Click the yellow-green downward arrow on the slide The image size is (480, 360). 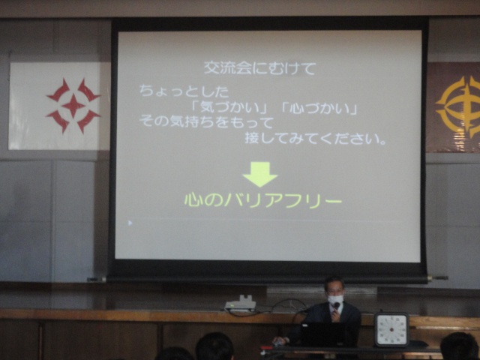coord(260,174)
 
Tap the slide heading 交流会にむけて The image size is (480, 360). coord(260,68)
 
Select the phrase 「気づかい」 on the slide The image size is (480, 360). coord(229,108)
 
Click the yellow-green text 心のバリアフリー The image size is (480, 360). coord(263,200)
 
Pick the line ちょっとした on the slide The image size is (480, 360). coord(184,91)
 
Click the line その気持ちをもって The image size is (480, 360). coord(206,122)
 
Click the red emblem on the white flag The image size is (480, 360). coord(73,106)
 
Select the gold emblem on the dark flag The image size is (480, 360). coord(459,107)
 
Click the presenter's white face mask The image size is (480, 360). coord(335,300)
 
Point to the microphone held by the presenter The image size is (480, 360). coord(336,306)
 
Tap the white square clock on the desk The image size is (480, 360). coord(391,329)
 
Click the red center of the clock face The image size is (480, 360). coord(391,330)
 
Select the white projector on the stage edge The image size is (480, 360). coord(241,304)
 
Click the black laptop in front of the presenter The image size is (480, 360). coord(322,335)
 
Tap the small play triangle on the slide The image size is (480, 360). coord(130,223)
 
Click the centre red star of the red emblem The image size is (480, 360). coord(73,106)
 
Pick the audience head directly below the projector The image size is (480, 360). coord(214,346)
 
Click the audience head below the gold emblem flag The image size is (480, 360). coord(459,346)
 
